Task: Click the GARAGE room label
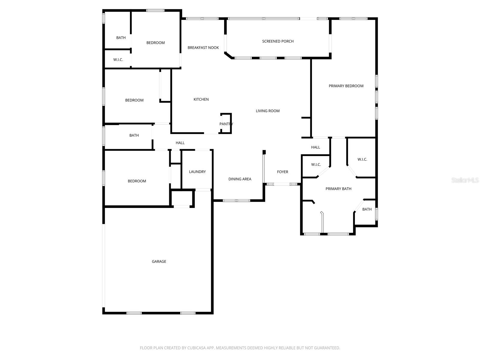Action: pyautogui.click(x=159, y=262)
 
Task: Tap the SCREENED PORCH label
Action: pyautogui.click(x=278, y=41)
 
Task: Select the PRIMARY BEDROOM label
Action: pyautogui.click(x=346, y=86)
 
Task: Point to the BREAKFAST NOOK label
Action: pyautogui.click(x=203, y=48)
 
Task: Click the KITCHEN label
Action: pyautogui.click(x=201, y=100)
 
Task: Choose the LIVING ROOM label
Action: pyautogui.click(x=268, y=111)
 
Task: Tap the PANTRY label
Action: pyautogui.click(x=226, y=124)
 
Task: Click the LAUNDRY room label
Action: pyautogui.click(x=197, y=172)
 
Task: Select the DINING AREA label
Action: pyautogui.click(x=240, y=179)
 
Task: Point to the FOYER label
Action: pyautogui.click(x=282, y=172)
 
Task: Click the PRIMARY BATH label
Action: pyautogui.click(x=338, y=189)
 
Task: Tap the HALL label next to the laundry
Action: pyautogui.click(x=180, y=143)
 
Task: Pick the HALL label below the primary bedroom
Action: pyautogui.click(x=316, y=147)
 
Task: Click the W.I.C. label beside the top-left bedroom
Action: pyautogui.click(x=118, y=60)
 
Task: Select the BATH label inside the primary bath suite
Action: pyautogui.click(x=367, y=209)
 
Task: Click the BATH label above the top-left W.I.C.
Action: pyautogui.click(x=121, y=38)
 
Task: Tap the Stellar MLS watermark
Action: pyautogui.click(x=465, y=180)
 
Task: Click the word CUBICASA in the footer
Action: pyautogui.click(x=196, y=348)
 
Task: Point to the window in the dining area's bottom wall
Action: pyautogui.click(x=236, y=200)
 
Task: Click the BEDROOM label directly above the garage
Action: pyautogui.click(x=137, y=181)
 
